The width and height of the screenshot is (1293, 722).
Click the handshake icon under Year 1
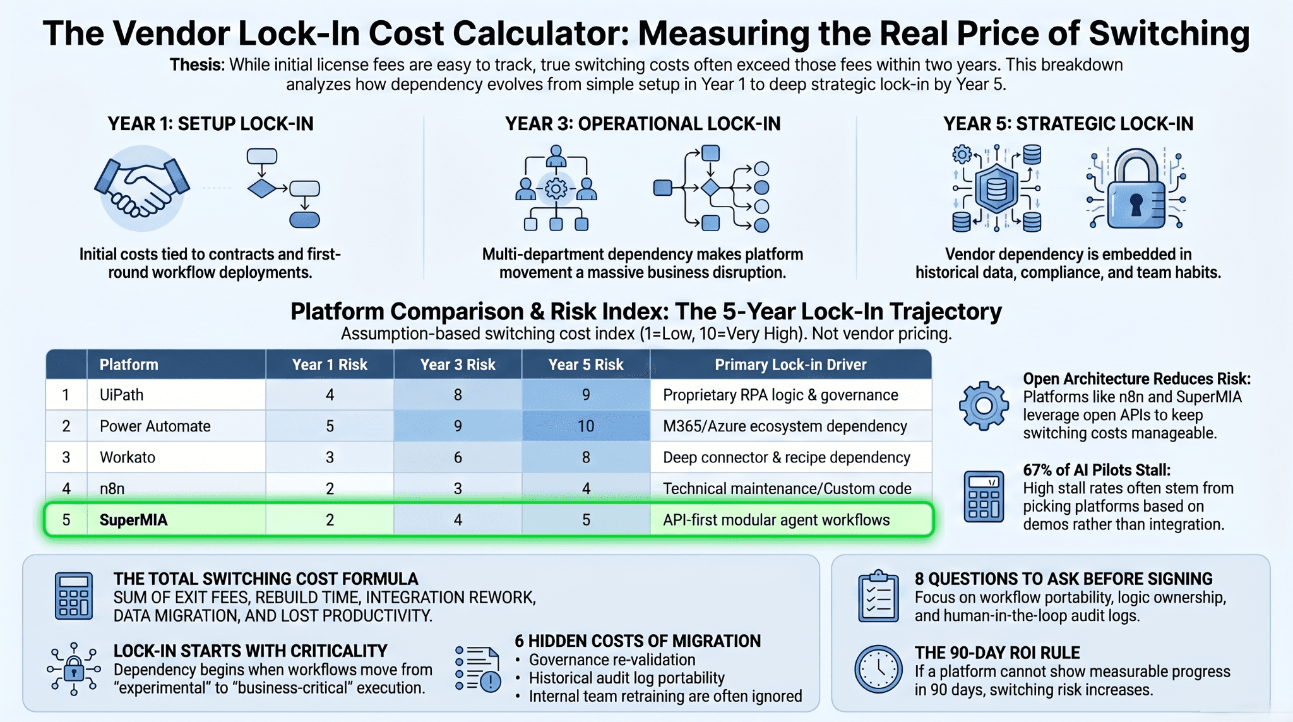coord(142,188)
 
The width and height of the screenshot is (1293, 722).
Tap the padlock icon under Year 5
coord(1136,188)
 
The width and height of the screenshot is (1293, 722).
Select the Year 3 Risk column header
coord(458,364)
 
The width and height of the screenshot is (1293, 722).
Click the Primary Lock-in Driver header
coord(790,364)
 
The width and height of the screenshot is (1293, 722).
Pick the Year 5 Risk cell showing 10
coord(586,426)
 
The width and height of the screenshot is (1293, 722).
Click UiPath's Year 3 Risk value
coord(458,395)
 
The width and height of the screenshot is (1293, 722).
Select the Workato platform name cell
coord(128,457)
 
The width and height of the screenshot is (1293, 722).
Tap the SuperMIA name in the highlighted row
coord(133,520)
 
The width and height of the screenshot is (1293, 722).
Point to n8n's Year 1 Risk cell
coord(330,488)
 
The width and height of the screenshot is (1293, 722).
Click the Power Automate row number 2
coord(66,426)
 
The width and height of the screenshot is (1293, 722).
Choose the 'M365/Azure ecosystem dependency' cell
coord(785,426)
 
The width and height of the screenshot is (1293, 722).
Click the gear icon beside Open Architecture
coord(984,406)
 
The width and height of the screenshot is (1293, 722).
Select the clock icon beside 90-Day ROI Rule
coord(878,669)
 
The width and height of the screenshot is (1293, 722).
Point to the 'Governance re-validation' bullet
coord(612,660)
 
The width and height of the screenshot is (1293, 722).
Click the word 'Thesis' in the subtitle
coord(196,65)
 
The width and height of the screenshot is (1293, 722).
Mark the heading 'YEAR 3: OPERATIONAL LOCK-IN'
coord(643,124)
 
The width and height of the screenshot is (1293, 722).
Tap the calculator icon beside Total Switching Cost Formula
coord(74,596)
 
